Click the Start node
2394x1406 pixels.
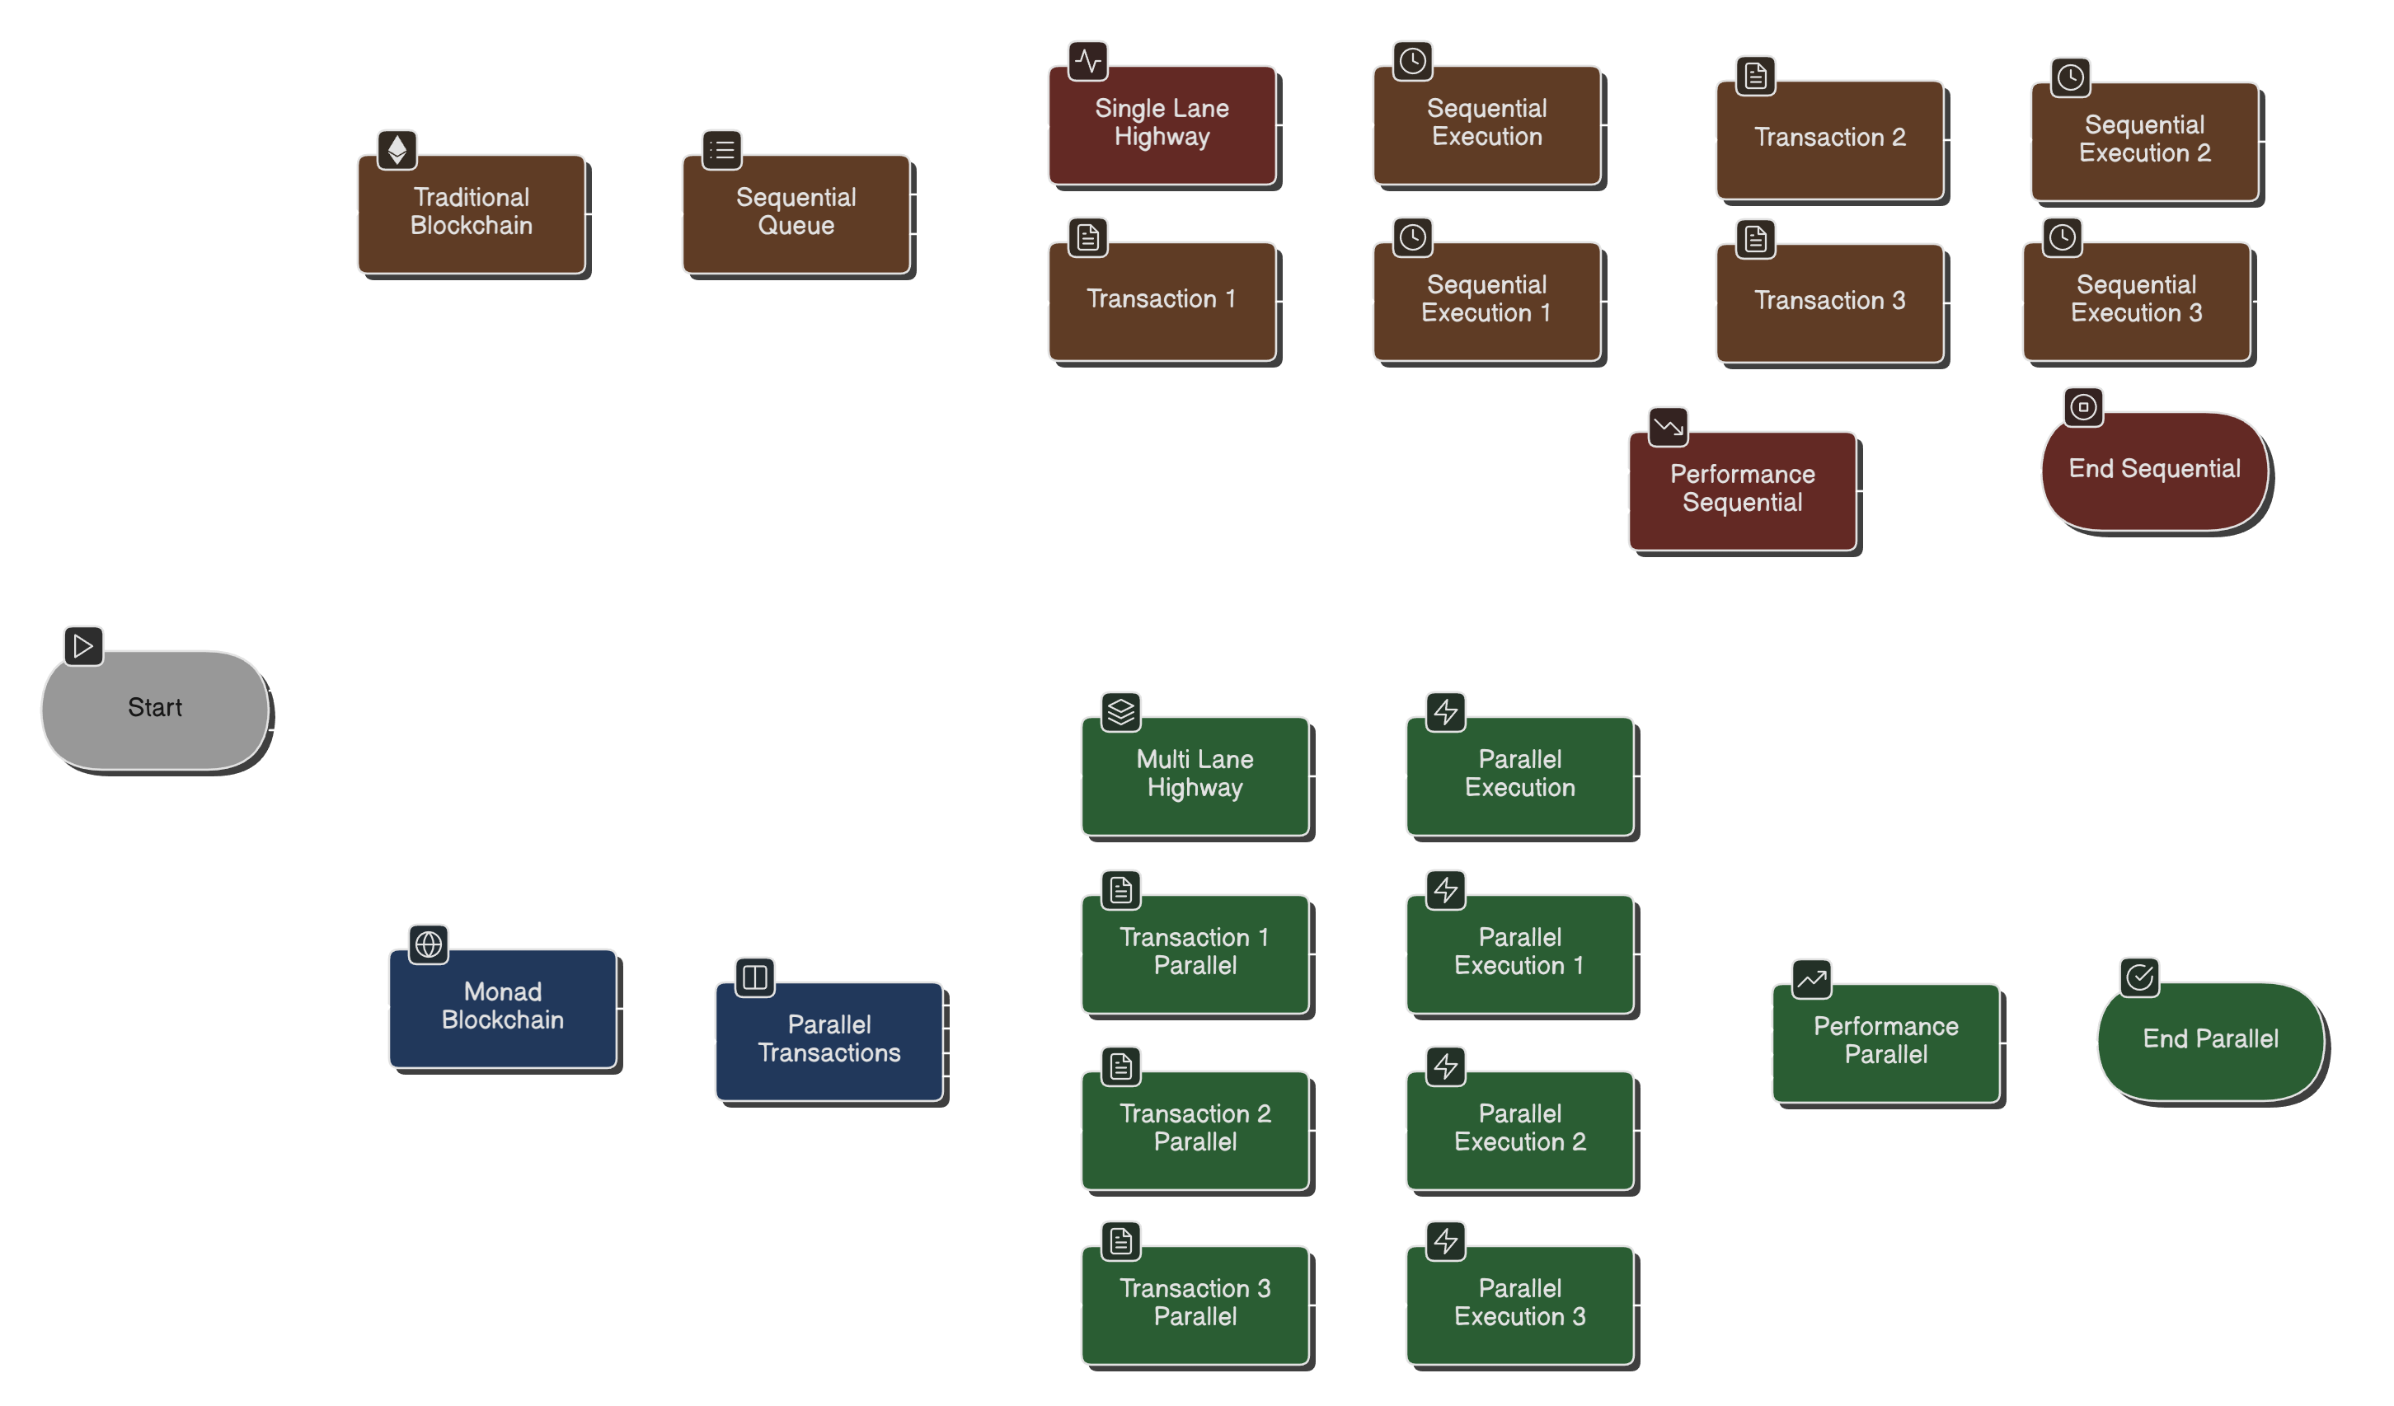(x=155, y=709)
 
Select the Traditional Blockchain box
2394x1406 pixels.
(x=472, y=213)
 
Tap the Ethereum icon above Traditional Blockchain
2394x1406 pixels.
(x=397, y=149)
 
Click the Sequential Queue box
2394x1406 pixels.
(x=796, y=213)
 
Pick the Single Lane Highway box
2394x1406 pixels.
(x=1162, y=124)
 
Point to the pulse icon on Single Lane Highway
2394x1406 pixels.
(x=1087, y=62)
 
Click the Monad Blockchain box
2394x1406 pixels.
(x=503, y=1008)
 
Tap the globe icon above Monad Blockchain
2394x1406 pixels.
(x=429, y=944)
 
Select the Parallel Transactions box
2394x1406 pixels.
(x=829, y=1041)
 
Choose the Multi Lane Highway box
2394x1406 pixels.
(x=1195, y=776)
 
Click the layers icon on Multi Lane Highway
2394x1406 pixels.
(x=1121, y=711)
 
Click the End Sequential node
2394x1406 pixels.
(x=2155, y=471)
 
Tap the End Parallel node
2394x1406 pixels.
(x=2211, y=1041)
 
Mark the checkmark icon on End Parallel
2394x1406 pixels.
(x=2139, y=977)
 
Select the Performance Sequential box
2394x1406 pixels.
(x=1742, y=490)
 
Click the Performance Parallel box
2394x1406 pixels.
(x=1885, y=1043)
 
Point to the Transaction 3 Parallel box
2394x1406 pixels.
(x=1195, y=1305)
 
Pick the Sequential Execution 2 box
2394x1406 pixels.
(x=2144, y=141)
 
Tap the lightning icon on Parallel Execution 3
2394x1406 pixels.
(x=1446, y=1240)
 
